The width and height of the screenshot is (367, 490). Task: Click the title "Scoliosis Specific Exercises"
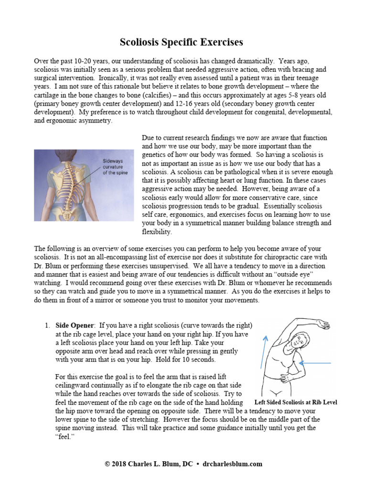coord(181,42)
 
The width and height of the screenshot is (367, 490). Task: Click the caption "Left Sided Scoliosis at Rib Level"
coord(296,402)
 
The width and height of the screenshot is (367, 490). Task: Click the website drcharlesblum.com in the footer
coord(232,464)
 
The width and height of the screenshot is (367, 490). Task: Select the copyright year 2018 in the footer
coord(121,464)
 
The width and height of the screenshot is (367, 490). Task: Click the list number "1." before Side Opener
coord(48,326)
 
